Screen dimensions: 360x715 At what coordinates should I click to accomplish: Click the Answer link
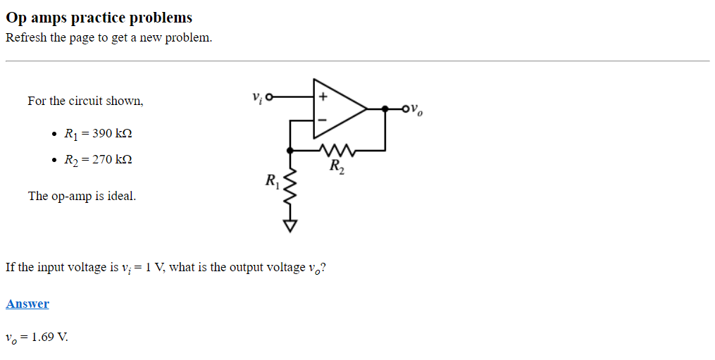pos(27,304)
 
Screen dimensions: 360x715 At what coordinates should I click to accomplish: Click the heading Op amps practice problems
pos(99,18)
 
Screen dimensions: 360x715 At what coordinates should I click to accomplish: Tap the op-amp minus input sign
pos(322,120)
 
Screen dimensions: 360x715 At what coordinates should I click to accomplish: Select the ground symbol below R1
pos(290,225)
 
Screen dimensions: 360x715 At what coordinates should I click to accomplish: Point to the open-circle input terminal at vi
pos(268,97)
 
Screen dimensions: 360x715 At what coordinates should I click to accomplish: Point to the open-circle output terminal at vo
pos(405,108)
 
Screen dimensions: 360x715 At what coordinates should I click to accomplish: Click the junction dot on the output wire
pos(385,108)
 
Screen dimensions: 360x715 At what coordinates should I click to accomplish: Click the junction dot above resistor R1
pos(290,149)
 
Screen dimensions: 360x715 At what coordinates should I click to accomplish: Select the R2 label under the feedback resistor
pos(337,168)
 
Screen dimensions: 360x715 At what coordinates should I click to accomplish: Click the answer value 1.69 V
pos(49,337)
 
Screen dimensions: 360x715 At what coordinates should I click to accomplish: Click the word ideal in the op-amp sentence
pos(120,196)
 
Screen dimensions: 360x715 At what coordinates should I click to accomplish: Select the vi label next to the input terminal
pos(256,97)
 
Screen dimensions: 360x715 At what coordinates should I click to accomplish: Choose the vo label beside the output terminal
pos(417,110)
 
